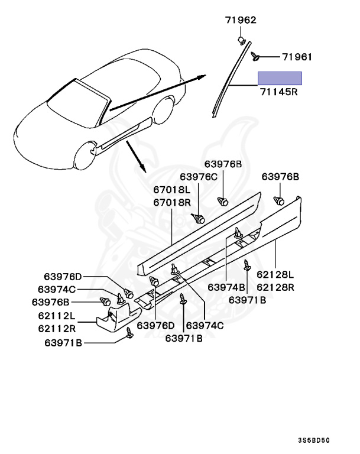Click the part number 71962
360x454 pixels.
(240, 20)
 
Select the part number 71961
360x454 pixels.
(297, 57)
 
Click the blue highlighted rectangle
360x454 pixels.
(279, 78)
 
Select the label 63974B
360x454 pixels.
(227, 287)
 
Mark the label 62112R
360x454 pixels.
(57, 327)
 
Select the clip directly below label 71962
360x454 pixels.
(242, 40)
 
